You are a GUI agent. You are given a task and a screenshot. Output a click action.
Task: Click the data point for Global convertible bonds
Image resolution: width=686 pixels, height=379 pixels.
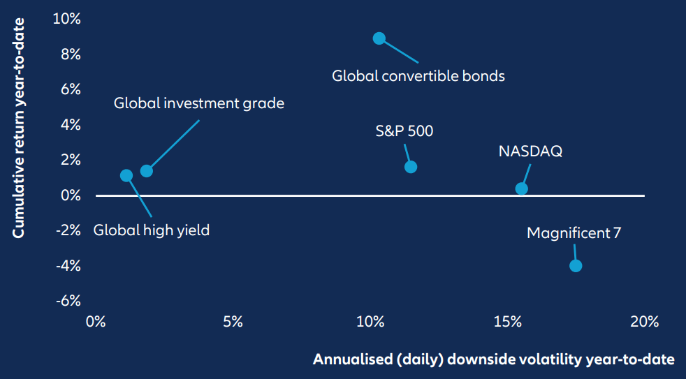click(379, 38)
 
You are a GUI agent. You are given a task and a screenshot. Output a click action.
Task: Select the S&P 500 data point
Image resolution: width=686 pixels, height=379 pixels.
click(411, 167)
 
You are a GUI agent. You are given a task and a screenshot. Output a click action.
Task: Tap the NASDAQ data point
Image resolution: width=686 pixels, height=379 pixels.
click(521, 188)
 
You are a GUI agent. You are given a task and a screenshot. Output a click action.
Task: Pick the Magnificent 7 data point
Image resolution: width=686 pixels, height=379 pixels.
click(576, 265)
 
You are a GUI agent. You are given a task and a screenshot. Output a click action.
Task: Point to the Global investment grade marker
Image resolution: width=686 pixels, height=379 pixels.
click(146, 171)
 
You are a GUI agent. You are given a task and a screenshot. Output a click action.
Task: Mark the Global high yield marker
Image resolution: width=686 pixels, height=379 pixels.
click(126, 175)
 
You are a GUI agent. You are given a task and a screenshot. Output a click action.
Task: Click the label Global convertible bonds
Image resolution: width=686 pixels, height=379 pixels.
click(418, 75)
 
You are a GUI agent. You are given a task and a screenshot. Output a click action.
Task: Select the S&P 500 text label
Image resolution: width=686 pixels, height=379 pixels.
click(404, 131)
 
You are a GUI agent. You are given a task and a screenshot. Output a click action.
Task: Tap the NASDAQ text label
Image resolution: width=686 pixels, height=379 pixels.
click(530, 151)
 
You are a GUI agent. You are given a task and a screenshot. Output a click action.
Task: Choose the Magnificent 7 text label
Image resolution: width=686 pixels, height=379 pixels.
click(574, 232)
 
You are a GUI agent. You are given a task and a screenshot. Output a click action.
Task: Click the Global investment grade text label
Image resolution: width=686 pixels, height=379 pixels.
click(199, 103)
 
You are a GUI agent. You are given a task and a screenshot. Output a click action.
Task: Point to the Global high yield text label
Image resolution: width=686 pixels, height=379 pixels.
click(152, 230)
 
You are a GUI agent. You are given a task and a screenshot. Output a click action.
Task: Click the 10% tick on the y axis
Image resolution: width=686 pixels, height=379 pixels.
click(67, 19)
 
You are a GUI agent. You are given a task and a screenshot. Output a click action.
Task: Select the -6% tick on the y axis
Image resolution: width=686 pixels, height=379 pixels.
click(67, 301)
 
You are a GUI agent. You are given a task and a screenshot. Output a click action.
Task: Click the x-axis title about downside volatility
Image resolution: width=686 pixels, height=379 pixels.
click(493, 359)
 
